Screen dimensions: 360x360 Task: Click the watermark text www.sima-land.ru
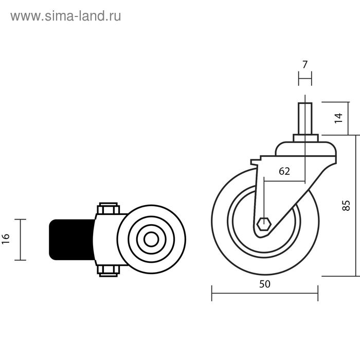point(65,16)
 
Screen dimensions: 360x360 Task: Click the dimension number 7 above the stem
point(305,64)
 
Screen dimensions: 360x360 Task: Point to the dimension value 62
point(284,171)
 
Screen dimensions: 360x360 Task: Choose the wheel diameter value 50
point(264,284)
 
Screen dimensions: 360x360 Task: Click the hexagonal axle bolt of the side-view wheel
point(264,225)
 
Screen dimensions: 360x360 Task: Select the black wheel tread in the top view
point(72,240)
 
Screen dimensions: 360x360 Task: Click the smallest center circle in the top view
point(151,240)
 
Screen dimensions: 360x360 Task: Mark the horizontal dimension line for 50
point(264,293)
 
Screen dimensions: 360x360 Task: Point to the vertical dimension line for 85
point(356,206)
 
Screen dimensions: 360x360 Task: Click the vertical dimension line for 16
point(20,240)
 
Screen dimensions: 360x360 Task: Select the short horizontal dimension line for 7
point(305,79)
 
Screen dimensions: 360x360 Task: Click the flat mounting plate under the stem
point(305,138)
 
